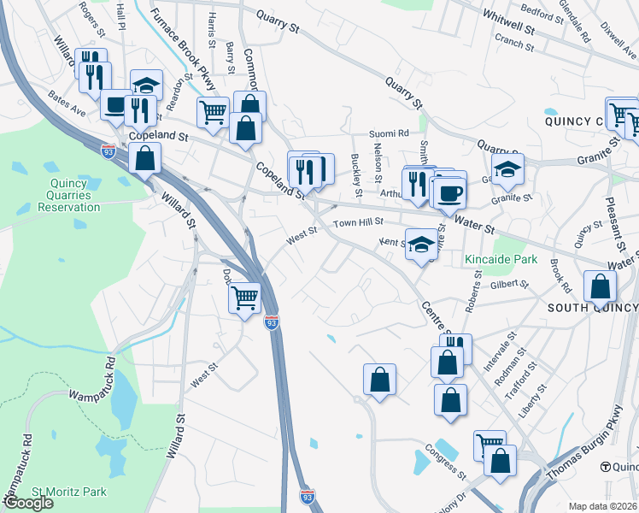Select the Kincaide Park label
pyautogui.click(x=501, y=258)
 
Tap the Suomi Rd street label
pyautogui.click(x=389, y=133)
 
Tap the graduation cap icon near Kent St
pyautogui.click(x=421, y=245)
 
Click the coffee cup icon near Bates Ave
pyautogui.click(x=114, y=106)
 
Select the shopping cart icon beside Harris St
pyautogui.click(x=213, y=110)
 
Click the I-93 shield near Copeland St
pyautogui.click(x=108, y=151)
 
